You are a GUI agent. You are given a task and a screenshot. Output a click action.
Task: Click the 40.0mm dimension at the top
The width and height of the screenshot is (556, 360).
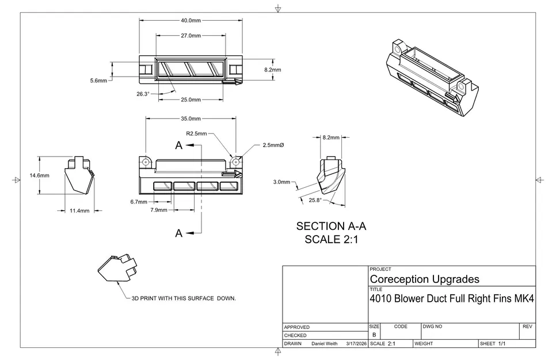191,20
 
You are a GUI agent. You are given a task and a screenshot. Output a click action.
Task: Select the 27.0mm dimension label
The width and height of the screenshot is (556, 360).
191,36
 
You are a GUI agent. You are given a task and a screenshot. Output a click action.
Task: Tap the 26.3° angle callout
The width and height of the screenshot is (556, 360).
143,94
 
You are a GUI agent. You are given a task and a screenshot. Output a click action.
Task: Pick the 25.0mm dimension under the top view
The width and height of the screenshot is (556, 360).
191,100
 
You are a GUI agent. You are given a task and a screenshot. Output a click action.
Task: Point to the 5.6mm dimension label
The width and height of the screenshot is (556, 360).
98,81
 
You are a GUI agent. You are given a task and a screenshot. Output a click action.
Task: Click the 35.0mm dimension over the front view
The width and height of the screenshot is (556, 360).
191,119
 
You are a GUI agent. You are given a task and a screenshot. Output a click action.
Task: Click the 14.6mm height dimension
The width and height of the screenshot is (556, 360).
39,176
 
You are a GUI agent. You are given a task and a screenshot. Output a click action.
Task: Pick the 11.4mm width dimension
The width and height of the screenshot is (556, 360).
79,211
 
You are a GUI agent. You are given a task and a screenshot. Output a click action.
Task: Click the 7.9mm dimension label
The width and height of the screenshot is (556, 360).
159,210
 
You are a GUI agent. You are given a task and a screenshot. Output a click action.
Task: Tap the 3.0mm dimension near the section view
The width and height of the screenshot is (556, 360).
281,182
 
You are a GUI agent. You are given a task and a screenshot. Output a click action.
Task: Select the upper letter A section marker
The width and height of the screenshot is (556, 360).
179,146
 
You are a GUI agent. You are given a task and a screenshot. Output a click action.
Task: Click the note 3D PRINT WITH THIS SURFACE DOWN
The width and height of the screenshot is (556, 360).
184,298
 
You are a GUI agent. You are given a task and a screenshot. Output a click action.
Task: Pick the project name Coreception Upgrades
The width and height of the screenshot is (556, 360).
424,279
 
